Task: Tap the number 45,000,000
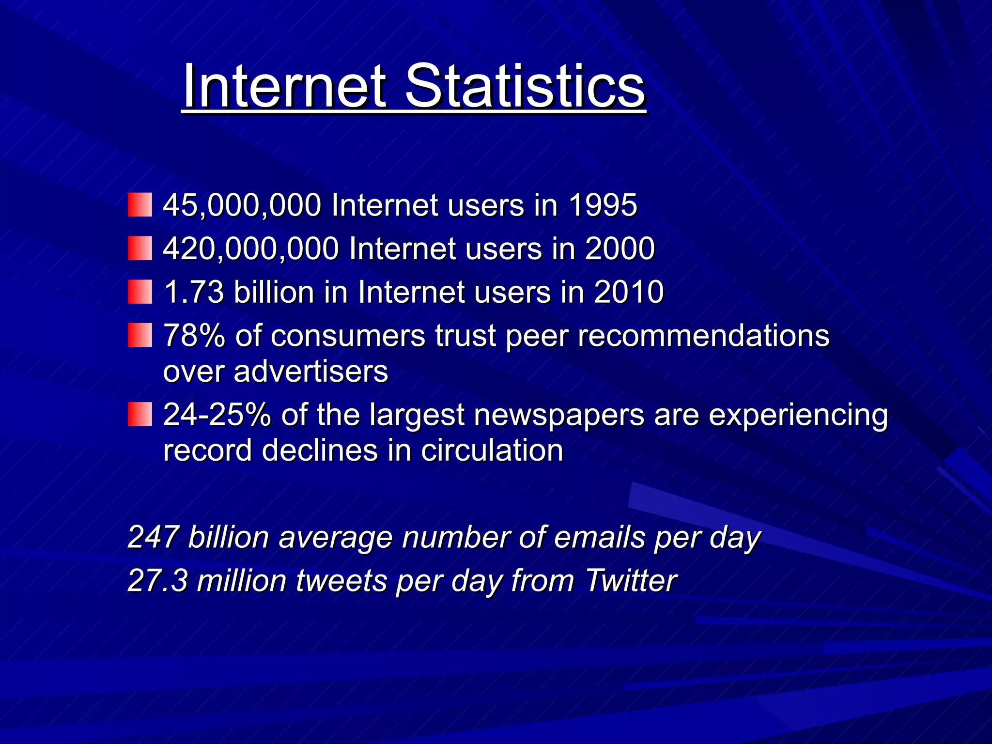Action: click(242, 205)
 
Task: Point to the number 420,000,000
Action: click(251, 249)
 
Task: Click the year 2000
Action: click(620, 249)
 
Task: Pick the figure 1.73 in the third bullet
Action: click(194, 293)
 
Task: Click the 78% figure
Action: click(194, 336)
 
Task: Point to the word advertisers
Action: click(311, 372)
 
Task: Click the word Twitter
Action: click(631, 581)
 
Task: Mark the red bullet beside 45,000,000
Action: click(139, 205)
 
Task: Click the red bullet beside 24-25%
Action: click(139, 415)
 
